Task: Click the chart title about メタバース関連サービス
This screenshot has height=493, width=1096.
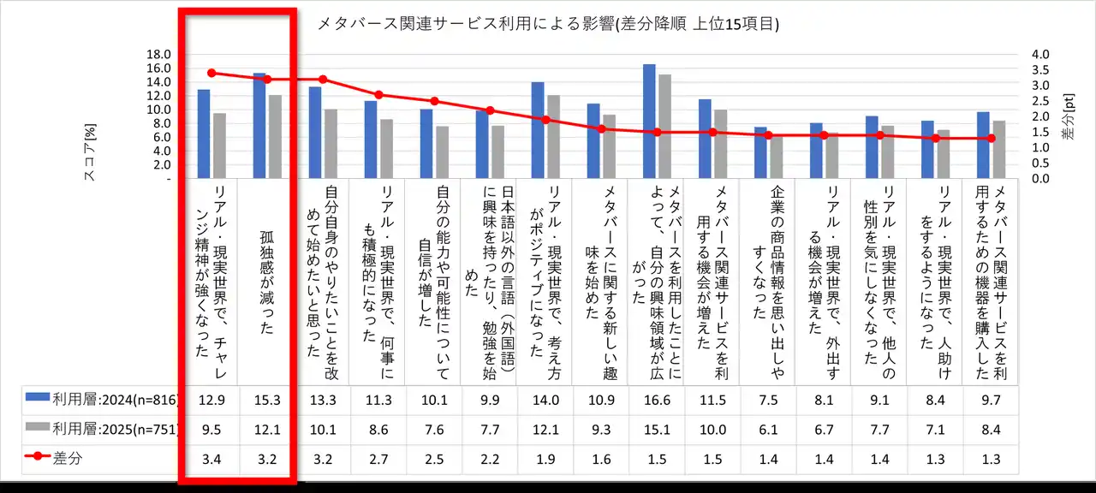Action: point(548,24)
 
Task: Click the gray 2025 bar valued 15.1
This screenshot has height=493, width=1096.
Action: point(664,127)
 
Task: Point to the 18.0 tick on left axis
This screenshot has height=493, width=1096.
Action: point(159,54)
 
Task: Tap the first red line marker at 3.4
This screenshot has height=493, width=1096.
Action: point(211,73)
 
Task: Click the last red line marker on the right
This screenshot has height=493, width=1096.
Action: point(992,139)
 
